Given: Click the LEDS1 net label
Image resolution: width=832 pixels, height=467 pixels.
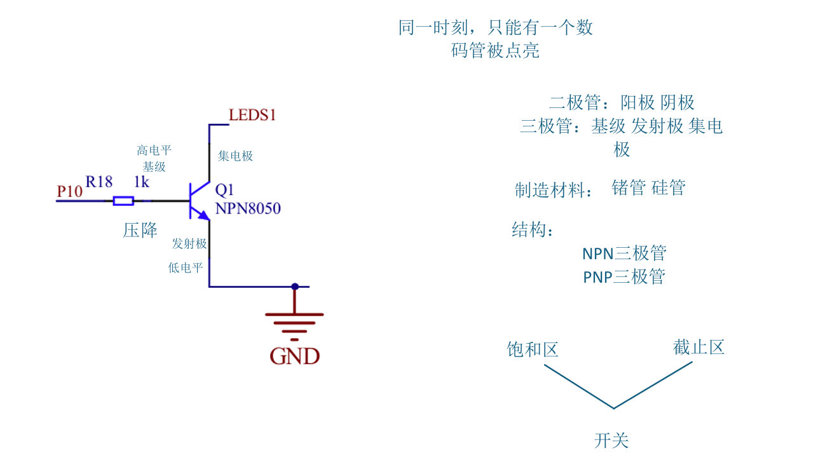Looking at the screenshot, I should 252,116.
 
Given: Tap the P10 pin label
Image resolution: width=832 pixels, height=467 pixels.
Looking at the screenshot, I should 69,191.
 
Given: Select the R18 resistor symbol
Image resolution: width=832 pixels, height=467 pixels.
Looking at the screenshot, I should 123,201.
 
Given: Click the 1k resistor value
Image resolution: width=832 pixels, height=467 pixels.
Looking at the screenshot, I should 141,182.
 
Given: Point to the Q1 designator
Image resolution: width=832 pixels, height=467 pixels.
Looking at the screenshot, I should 225,190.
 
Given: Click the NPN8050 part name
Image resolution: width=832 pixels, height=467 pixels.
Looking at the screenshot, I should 248,208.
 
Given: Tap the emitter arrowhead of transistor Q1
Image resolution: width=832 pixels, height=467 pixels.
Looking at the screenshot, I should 204,215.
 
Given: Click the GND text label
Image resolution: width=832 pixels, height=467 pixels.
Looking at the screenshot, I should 294,356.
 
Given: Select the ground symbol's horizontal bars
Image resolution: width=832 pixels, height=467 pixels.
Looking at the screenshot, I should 294,322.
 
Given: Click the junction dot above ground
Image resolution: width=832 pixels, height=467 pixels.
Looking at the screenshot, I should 294,287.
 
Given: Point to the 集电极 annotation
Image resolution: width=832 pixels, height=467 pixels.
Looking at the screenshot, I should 235,156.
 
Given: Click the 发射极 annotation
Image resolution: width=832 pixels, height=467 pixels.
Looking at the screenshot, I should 189,244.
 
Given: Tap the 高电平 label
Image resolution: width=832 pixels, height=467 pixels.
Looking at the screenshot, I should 154,151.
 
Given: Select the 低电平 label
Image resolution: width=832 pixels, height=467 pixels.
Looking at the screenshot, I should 186,268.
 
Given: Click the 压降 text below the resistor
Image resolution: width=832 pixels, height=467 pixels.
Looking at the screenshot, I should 140,230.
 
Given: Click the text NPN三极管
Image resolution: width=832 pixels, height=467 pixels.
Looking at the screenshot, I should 624,254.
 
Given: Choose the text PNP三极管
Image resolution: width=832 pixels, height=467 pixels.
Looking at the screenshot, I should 624,277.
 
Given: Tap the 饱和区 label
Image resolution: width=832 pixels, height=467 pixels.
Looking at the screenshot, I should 532,349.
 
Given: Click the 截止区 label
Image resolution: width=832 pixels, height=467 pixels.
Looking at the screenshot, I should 699,348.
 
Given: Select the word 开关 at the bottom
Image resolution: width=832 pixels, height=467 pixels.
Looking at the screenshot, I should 611,440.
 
